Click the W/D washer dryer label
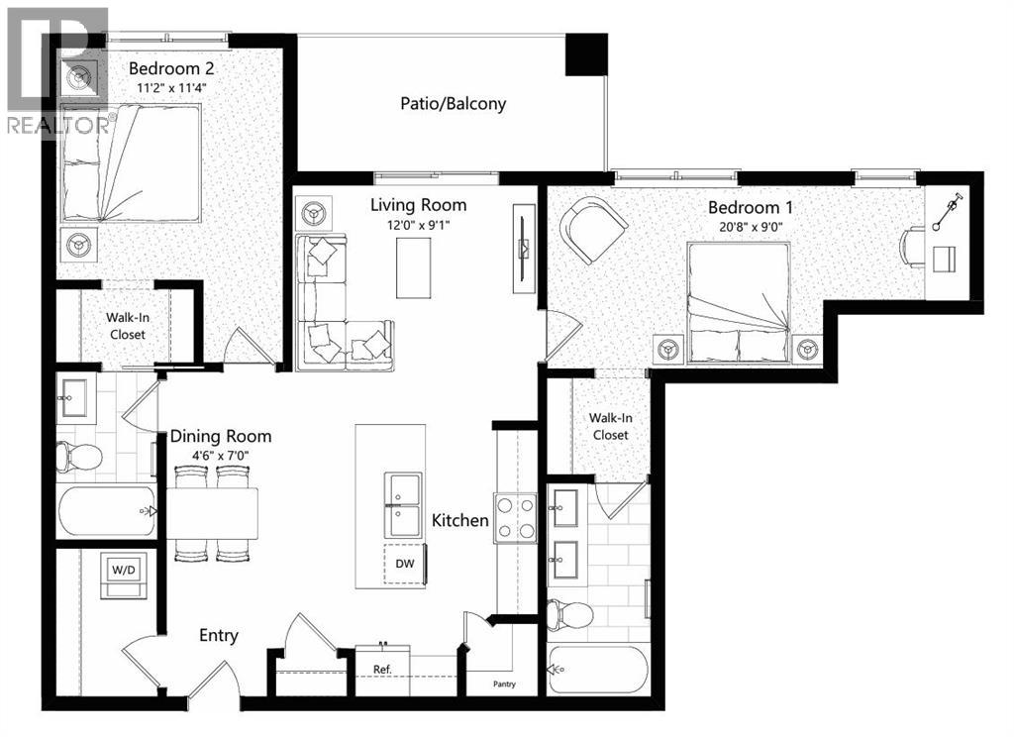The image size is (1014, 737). click(124, 570)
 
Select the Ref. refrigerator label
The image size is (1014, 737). click(383, 669)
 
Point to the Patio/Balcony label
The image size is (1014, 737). click(453, 103)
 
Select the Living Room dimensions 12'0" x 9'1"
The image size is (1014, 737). click(418, 226)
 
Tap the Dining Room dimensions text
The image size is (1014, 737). click(220, 457)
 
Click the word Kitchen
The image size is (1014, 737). click(459, 520)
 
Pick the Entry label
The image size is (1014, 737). click(218, 635)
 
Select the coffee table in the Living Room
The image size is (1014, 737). click(414, 267)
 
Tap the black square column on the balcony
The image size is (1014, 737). click(586, 53)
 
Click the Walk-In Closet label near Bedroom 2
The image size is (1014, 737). click(126, 326)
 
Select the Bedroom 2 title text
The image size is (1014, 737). click(173, 68)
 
